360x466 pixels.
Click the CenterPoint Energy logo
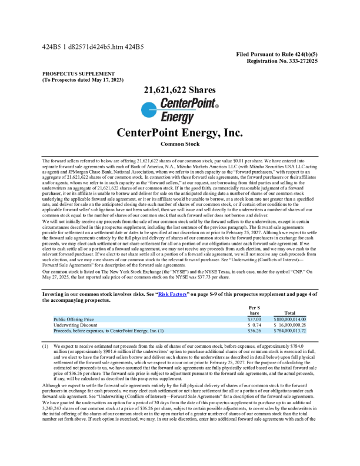point(179,111)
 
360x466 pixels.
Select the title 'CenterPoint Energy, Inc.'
point(179,132)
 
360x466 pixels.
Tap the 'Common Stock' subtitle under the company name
point(179,144)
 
